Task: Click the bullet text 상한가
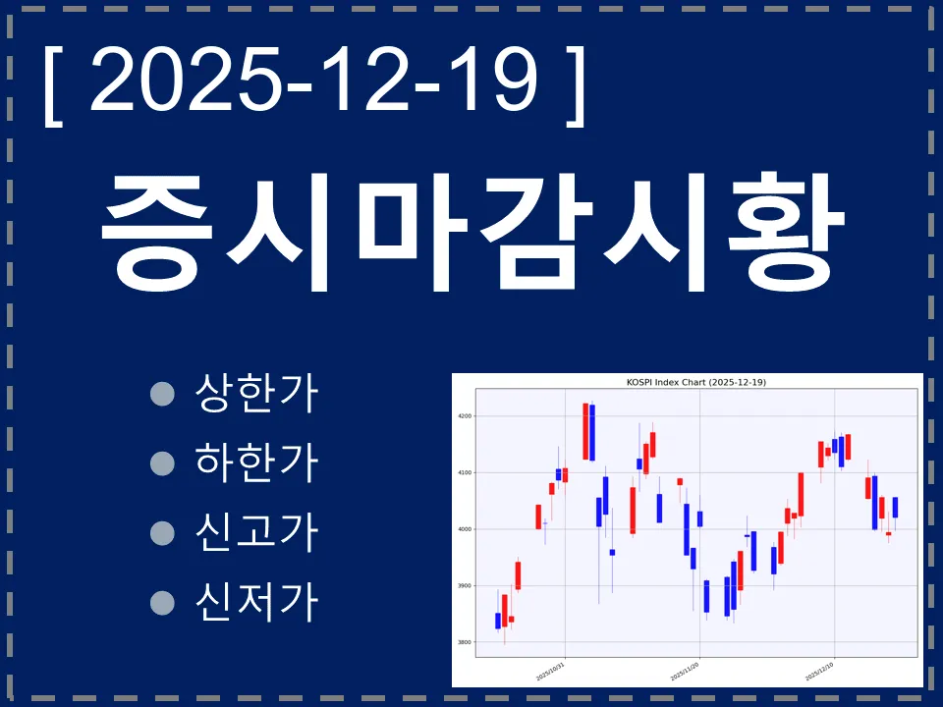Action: [x=257, y=394]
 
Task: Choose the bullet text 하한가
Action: [x=257, y=462]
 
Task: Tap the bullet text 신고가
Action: [x=257, y=531]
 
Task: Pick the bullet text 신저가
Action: [x=257, y=600]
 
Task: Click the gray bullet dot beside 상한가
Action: [x=162, y=395]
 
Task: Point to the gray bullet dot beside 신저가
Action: [x=162, y=601]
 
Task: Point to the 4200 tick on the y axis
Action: [x=465, y=416]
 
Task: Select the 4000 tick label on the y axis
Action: [x=465, y=529]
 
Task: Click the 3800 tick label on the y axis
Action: [x=465, y=642]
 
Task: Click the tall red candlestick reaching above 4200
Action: [x=585, y=431]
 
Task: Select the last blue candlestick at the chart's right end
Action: [x=895, y=507]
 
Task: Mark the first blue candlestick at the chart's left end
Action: [x=498, y=621]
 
